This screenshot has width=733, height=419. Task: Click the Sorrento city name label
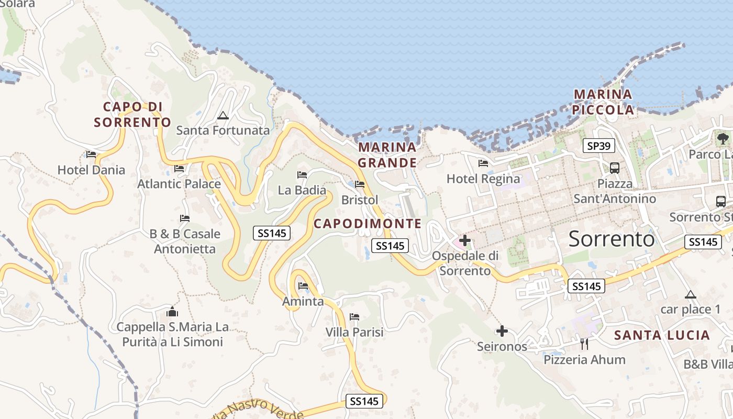(x=612, y=239)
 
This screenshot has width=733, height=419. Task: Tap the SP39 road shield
(x=599, y=146)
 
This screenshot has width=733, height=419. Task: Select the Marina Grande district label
(x=387, y=155)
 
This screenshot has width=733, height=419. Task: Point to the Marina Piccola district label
(x=603, y=102)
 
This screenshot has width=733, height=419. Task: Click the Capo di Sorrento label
(x=132, y=114)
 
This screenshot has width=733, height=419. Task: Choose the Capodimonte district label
(x=368, y=224)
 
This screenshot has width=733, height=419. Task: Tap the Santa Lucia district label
(x=662, y=335)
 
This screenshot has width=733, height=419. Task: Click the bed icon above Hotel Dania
(x=91, y=155)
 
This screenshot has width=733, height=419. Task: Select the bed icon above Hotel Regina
(x=483, y=163)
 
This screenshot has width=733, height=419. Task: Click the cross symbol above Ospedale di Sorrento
(x=464, y=241)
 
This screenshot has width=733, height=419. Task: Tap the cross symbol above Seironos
(x=502, y=331)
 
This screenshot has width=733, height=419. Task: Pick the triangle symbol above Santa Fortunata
(x=223, y=115)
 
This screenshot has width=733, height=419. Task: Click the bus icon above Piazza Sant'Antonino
(x=615, y=168)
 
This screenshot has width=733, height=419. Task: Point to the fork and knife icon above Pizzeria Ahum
(x=584, y=344)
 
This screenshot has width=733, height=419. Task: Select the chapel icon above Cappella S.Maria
(x=172, y=312)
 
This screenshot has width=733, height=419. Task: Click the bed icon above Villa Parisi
(x=354, y=317)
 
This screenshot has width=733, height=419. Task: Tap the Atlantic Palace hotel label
(x=179, y=184)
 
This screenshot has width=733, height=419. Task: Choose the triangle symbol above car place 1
(x=690, y=294)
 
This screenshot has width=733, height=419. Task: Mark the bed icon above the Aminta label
(x=303, y=285)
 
